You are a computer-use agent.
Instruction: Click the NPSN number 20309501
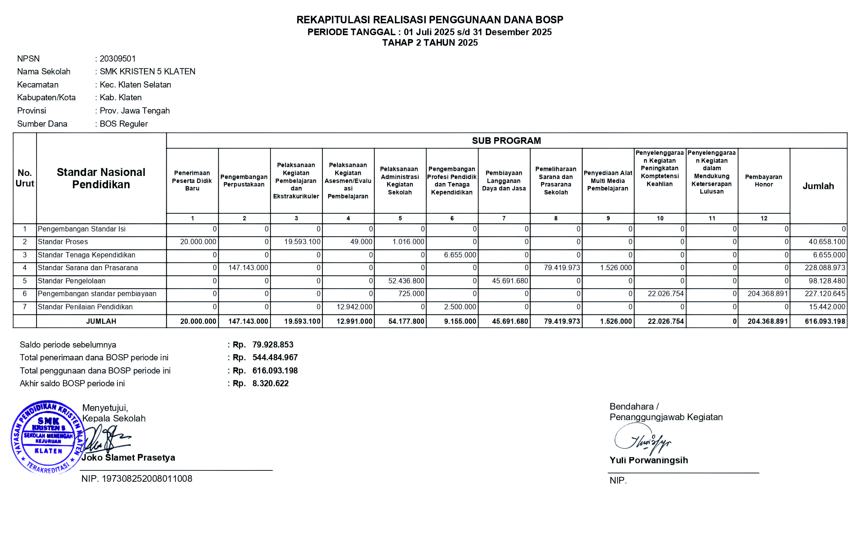(117, 59)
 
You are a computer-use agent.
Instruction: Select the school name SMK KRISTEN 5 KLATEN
(148, 71)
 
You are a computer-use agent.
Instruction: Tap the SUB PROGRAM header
(506, 141)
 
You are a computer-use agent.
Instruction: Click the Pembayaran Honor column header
(764, 181)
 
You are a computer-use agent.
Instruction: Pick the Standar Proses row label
(63, 242)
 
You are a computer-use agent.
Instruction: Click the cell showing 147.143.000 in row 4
(248, 268)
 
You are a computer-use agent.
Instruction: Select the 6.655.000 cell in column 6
(460, 255)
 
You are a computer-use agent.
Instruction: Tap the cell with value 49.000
(361, 242)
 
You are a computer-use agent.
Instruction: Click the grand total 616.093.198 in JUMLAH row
(825, 321)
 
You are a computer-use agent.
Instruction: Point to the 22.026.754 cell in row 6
(666, 294)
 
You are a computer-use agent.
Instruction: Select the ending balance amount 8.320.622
(270, 383)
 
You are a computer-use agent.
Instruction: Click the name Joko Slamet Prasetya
(128, 458)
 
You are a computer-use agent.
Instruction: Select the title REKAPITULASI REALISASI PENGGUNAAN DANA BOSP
(430, 20)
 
